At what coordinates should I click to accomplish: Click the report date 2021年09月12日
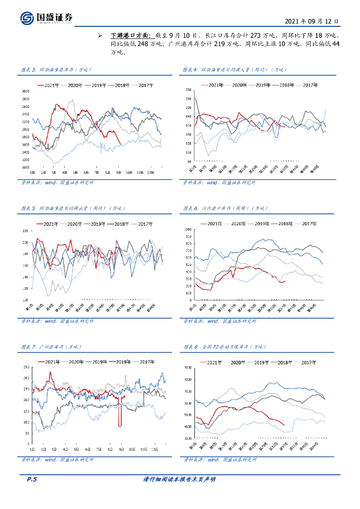(312, 22)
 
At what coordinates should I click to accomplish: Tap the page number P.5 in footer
(31, 480)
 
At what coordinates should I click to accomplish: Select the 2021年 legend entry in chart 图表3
(49, 85)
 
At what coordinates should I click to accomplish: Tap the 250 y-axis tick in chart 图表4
(188, 89)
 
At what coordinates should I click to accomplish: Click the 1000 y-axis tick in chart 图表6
(187, 230)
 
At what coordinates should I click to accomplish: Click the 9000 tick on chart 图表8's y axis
(187, 367)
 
